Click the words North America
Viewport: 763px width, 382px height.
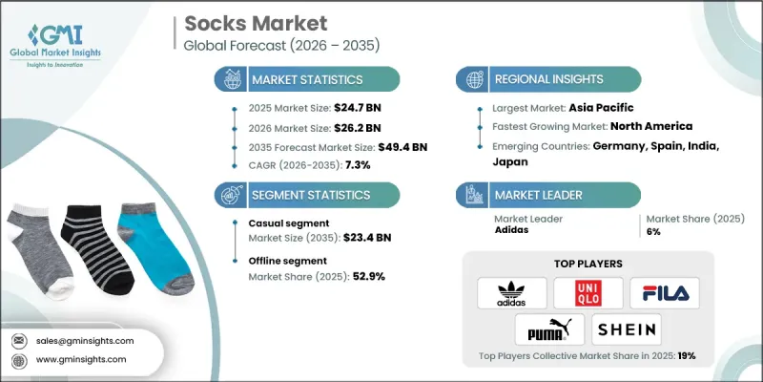pyautogui.click(x=654, y=125)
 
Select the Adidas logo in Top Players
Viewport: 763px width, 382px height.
pyautogui.click(x=511, y=292)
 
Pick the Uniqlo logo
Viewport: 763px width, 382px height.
pyautogui.click(x=588, y=292)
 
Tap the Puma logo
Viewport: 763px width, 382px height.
pyautogui.click(x=550, y=331)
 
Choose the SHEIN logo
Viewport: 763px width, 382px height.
pyautogui.click(x=627, y=331)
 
